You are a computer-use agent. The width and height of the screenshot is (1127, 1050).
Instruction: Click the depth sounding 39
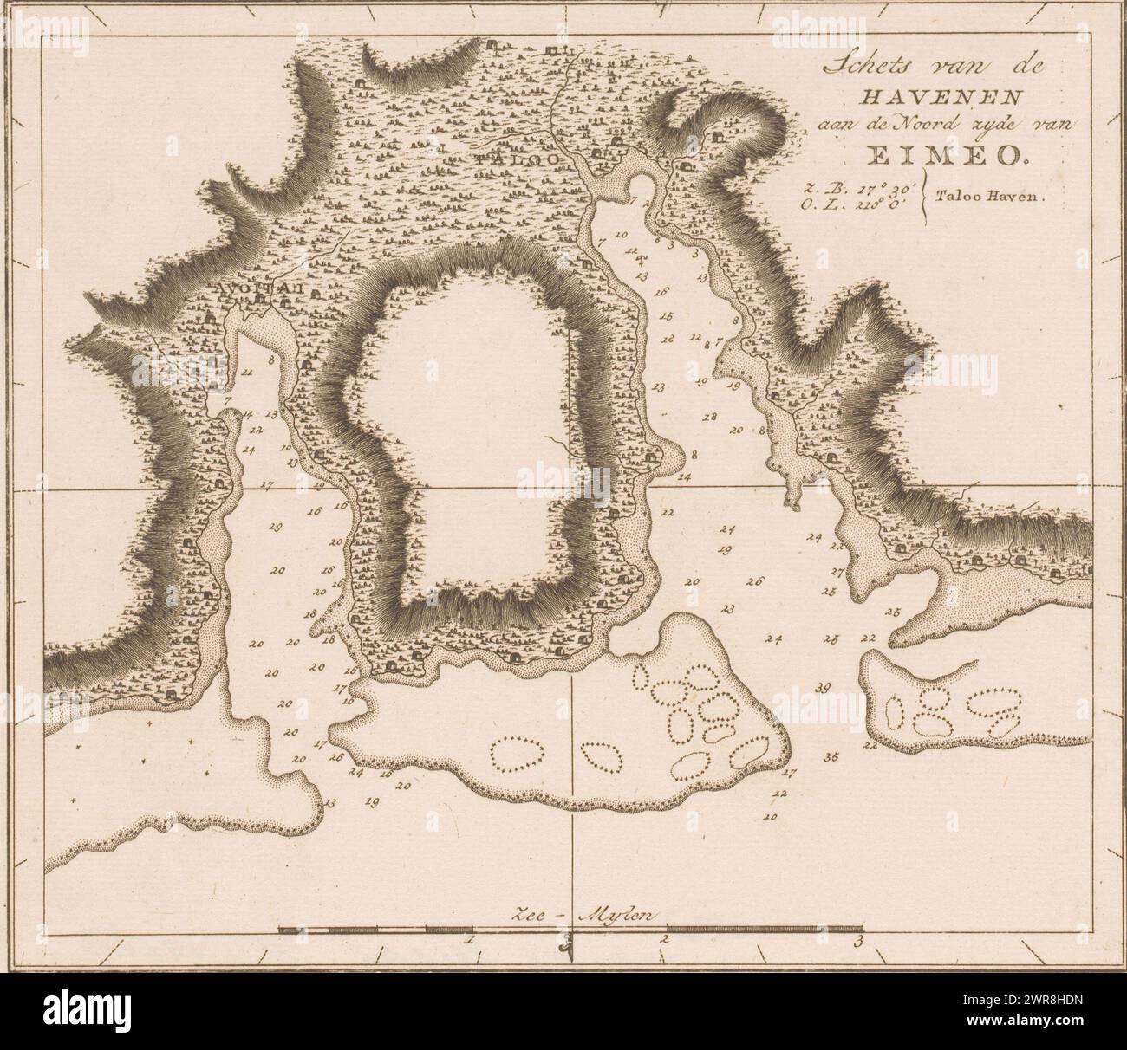pos(824,688)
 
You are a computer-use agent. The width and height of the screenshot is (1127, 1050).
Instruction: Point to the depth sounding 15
pos(666,316)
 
